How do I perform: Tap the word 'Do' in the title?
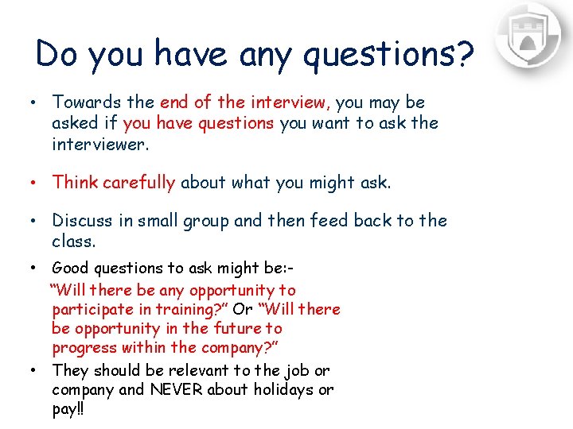click(59, 54)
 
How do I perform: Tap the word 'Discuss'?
click(82, 221)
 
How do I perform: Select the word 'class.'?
click(73, 240)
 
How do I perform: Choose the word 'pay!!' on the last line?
click(68, 409)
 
